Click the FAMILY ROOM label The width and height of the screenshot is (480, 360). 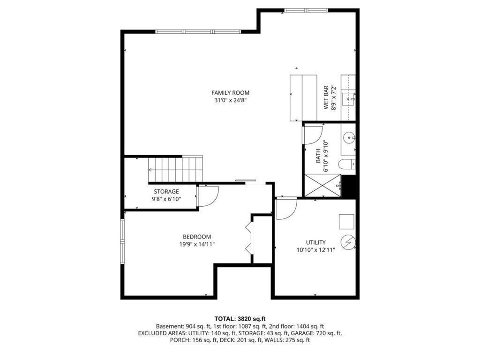pyautogui.click(x=230, y=93)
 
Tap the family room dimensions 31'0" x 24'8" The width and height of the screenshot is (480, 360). pyautogui.click(x=230, y=100)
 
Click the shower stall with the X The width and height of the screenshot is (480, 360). pyautogui.click(x=322, y=185)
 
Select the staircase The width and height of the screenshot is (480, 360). pyautogui.click(x=175, y=169)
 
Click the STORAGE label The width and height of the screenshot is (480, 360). pyautogui.click(x=166, y=192)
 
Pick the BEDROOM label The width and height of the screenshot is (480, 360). pyautogui.click(x=197, y=237)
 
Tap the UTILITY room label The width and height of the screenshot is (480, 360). pyautogui.click(x=316, y=242)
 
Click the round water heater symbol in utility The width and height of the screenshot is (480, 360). pyautogui.click(x=348, y=242)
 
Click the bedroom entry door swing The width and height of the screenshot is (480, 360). pyautogui.click(x=208, y=196)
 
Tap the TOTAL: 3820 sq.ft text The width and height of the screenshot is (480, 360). pyautogui.click(x=240, y=319)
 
